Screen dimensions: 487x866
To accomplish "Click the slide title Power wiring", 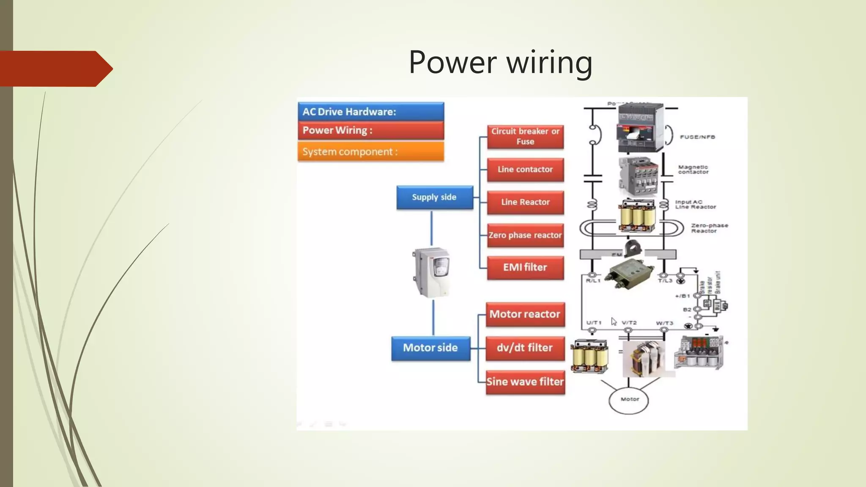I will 500,62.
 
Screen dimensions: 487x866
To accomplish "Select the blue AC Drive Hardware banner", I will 370,112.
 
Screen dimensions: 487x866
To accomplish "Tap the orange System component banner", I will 370,152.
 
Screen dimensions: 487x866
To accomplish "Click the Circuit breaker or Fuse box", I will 525,137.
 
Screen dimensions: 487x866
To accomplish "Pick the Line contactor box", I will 525,170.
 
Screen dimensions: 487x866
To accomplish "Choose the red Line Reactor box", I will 525,202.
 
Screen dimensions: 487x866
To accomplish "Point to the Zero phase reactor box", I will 525,235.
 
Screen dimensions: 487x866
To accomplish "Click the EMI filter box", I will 525,268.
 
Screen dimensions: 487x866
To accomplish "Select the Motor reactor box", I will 525,314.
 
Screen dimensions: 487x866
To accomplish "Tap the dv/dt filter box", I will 525,348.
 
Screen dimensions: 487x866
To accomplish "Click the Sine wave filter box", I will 525,382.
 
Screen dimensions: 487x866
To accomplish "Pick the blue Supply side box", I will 434,197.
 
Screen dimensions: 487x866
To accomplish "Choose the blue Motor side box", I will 430,348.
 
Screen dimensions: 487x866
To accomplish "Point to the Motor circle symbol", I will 629,399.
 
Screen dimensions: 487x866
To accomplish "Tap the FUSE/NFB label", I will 697,137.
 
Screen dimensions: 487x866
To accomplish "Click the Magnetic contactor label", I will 693,170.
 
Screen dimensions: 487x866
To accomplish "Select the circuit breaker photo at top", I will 640,128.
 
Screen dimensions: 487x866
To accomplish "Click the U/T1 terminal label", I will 594,323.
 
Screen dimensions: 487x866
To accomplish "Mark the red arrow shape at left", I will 55,69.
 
